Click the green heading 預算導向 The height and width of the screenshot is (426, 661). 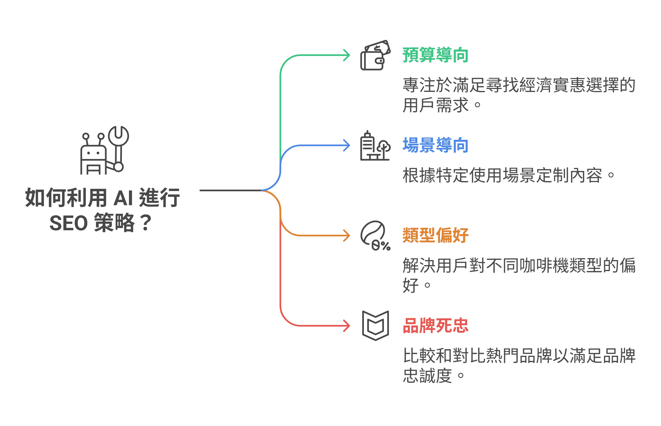point(435,55)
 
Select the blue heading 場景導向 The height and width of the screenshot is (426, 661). point(435,145)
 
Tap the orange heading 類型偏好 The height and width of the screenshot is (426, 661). point(435,236)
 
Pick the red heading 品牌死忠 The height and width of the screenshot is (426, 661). point(435,326)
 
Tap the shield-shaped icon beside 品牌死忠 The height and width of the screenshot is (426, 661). point(375,325)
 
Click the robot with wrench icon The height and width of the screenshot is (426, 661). point(104,151)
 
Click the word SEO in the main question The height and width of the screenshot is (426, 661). point(68,223)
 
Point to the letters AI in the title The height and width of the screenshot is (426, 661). point(123,198)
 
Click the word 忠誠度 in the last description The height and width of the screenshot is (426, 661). point(427,376)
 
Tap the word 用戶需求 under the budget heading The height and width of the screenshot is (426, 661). point(435,105)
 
